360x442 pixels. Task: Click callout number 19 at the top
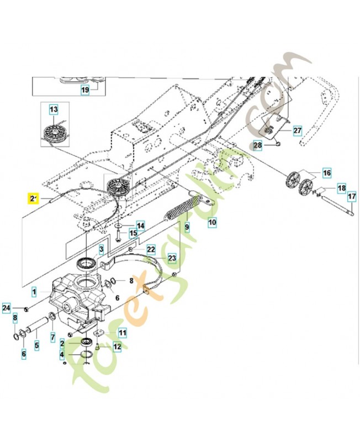click(x=85, y=89)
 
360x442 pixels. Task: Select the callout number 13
click(x=53, y=110)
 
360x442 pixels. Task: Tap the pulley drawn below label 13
click(x=54, y=133)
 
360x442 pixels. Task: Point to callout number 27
click(x=297, y=131)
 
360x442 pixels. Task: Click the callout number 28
click(x=257, y=145)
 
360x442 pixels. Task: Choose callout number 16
click(x=326, y=173)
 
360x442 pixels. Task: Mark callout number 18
click(x=341, y=188)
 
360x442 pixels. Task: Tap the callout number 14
click(x=141, y=225)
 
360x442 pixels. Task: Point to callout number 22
click(x=151, y=250)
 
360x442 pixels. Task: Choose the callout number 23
click(x=172, y=257)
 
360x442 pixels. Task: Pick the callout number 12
click(x=117, y=346)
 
